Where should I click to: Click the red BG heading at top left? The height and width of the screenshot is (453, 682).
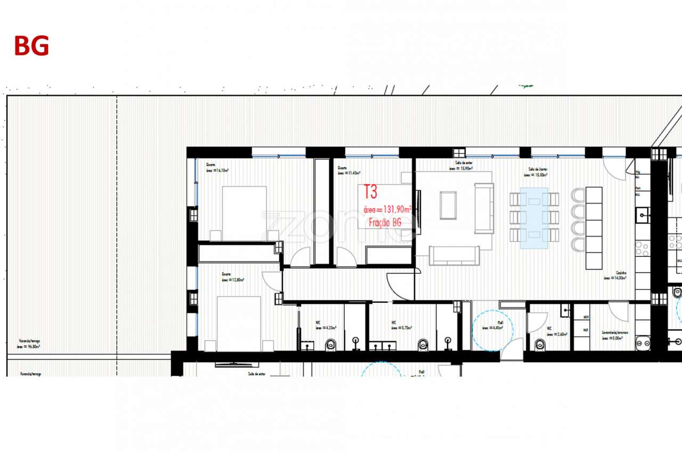pyautogui.click(x=31, y=46)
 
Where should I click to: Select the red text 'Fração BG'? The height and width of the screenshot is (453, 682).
pyautogui.click(x=383, y=223)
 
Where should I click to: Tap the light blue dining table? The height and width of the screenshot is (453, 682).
pyautogui.click(x=534, y=219)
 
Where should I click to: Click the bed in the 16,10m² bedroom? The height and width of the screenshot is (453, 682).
pyautogui.click(x=244, y=213)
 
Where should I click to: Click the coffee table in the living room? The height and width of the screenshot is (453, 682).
pyautogui.click(x=448, y=205)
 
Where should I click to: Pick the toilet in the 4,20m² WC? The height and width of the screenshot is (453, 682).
pyautogui.click(x=331, y=344)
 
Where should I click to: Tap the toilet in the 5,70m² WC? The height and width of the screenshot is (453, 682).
pyautogui.click(x=423, y=344)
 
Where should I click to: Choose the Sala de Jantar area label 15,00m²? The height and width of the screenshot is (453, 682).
pyautogui.click(x=535, y=174)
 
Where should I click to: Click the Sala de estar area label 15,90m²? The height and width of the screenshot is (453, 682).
pyautogui.click(x=461, y=168)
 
